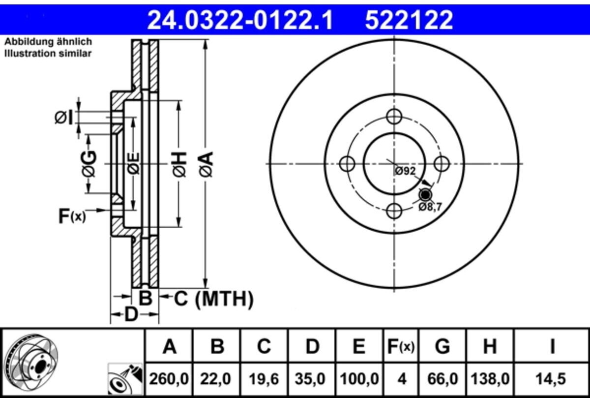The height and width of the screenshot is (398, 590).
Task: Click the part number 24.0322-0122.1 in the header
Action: [x=240, y=20]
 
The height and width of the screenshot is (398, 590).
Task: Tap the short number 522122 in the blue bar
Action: [x=409, y=20]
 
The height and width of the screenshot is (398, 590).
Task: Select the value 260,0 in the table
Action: [x=169, y=379]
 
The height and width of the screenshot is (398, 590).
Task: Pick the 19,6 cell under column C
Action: [x=264, y=379]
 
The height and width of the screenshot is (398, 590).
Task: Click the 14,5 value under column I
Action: [x=551, y=379]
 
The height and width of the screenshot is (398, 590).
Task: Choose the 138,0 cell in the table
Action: [x=490, y=379]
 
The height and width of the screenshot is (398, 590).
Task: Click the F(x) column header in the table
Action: [x=401, y=346]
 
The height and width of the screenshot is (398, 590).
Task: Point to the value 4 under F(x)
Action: [x=402, y=379]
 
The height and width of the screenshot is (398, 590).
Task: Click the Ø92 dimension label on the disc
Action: [x=405, y=171]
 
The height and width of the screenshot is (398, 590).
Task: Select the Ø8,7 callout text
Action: [x=430, y=207]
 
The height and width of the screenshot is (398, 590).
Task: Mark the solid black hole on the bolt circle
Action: [x=425, y=195]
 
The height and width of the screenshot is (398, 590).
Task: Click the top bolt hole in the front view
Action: [x=394, y=117]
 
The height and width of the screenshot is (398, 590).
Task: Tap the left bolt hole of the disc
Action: [x=348, y=164]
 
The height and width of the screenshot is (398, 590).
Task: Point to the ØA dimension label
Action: [x=206, y=164]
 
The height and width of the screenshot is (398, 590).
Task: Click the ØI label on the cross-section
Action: [x=63, y=118]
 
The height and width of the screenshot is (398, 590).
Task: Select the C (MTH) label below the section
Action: [x=213, y=299]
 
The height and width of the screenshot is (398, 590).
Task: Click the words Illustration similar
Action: [x=48, y=54]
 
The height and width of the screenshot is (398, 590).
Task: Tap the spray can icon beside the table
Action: [x=125, y=379]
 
